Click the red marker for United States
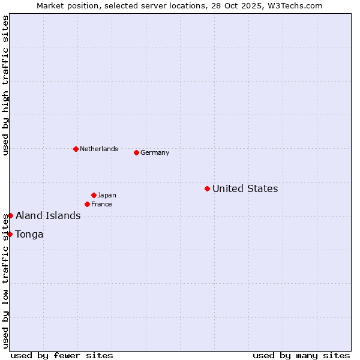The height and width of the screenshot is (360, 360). click(207, 188)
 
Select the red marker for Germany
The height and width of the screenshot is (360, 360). click(136, 152)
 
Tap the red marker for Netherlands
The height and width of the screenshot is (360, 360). click(76, 149)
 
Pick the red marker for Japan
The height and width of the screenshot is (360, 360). click(94, 195)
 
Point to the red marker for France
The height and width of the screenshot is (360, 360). click(87, 204)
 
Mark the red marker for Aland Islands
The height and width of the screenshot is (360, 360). click(10, 215)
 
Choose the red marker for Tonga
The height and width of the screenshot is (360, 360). click(10, 234)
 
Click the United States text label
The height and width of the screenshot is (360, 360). click(245, 189)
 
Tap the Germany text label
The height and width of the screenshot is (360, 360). click(155, 153)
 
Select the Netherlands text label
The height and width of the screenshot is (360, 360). click(99, 149)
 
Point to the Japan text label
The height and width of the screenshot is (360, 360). click(107, 196)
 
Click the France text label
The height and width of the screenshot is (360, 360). click(101, 205)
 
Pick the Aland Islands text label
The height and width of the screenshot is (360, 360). click(48, 216)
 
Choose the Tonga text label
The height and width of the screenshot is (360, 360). click(29, 235)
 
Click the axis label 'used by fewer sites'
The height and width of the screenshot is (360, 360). click(62, 355)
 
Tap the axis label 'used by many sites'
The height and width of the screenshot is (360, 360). click(301, 355)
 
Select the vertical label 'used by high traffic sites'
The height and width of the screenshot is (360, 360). click(5, 85)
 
